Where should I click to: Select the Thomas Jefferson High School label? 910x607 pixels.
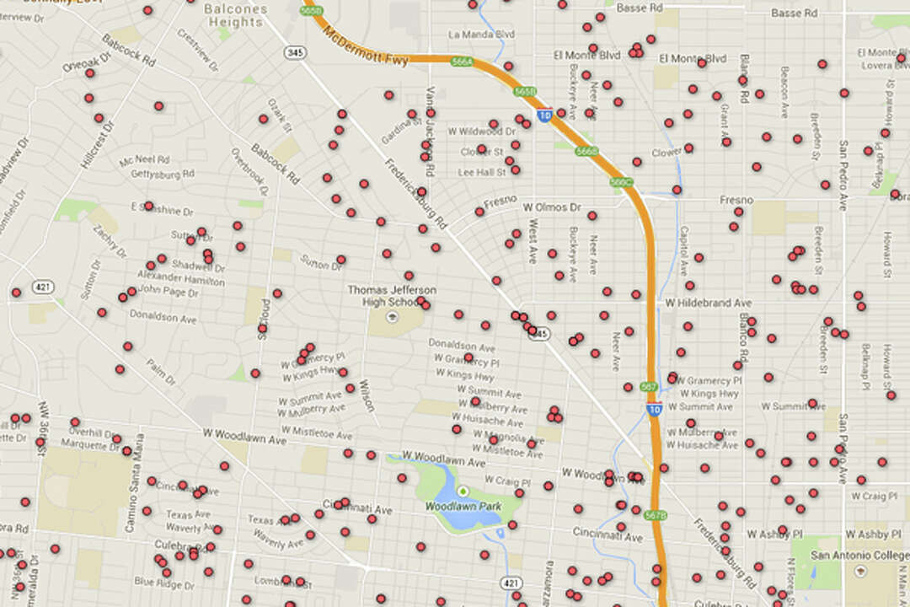click(387, 296)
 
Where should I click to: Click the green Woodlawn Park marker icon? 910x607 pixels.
click(462, 492)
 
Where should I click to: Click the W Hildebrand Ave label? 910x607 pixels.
click(708, 302)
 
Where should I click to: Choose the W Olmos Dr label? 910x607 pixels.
click(552, 207)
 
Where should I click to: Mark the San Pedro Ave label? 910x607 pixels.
click(843, 175)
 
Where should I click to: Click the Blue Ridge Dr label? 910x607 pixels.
click(163, 581)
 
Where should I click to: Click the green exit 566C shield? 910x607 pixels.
click(621, 182)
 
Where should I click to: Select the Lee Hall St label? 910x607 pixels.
click(481, 172)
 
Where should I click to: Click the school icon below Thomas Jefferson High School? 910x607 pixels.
click(390, 317)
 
